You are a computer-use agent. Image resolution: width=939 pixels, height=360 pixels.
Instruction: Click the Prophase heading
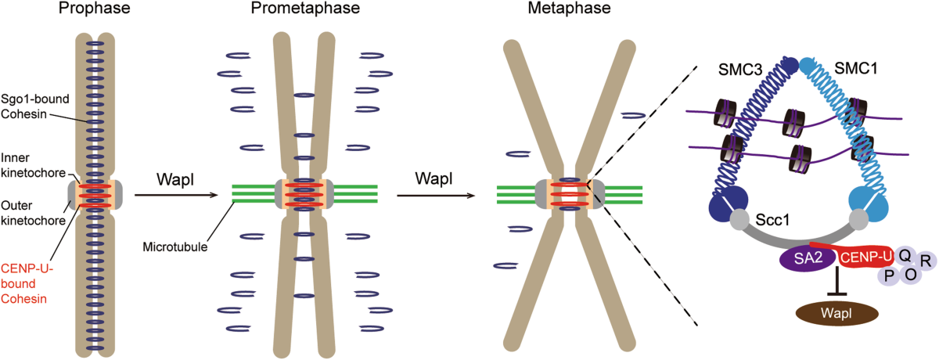(x=95, y=9)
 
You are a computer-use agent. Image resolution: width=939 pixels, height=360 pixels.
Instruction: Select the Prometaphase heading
(x=305, y=9)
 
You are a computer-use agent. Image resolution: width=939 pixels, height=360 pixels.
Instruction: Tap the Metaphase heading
(x=569, y=9)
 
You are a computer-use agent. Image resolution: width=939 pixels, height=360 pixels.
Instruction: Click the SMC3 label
(x=740, y=70)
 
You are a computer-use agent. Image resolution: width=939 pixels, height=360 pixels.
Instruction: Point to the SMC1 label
(x=855, y=68)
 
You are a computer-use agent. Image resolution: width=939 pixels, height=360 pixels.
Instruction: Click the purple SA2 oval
(x=808, y=258)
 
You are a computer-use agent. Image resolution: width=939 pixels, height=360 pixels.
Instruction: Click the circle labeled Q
(x=905, y=255)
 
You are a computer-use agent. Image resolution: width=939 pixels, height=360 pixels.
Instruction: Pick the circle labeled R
(x=926, y=261)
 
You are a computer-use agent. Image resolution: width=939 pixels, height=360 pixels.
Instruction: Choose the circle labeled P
(x=889, y=275)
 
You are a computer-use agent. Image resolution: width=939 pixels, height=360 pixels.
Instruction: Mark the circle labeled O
(x=911, y=274)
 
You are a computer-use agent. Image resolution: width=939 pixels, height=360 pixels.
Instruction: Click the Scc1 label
(x=772, y=220)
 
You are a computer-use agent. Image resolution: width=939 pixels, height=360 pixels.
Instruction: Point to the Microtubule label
(x=175, y=247)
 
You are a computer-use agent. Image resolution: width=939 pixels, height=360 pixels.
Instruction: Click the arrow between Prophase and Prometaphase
(x=176, y=195)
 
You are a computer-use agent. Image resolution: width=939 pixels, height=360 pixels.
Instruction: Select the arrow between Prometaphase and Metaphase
(x=436, y=196)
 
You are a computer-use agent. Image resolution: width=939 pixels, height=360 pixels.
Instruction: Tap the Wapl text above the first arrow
(x=175, y=179)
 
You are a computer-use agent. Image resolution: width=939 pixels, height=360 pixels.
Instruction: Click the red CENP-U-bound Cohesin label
(x=27, y=284)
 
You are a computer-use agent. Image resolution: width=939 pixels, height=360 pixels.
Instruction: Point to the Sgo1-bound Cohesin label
(x=34, y=106)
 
